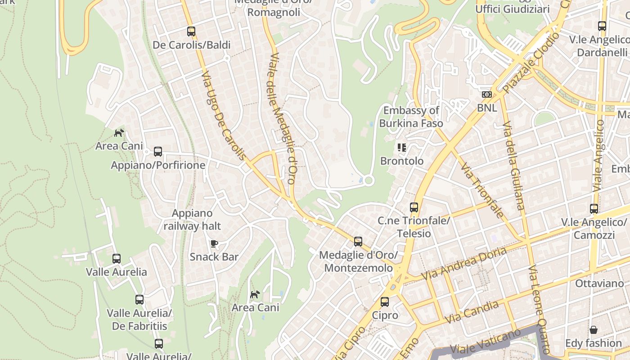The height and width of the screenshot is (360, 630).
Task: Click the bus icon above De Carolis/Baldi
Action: [191, 31]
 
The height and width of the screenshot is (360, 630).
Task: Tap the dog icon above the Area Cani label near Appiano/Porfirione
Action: [119, 133]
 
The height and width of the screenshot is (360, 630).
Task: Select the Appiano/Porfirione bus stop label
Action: [158, 165]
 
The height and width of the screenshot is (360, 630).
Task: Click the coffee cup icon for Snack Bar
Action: [214, 243]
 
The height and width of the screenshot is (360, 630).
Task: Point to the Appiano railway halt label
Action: [192, 219]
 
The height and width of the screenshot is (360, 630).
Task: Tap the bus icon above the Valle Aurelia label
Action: [117, 259]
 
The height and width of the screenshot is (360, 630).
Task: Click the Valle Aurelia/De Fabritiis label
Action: [139, 319]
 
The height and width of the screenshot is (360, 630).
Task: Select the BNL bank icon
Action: [487, 94]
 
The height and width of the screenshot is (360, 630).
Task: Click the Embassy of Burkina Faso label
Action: [411, 117]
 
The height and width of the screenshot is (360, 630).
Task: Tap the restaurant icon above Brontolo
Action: [402, 148]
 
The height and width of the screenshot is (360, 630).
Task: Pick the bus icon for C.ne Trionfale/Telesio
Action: [414, 207]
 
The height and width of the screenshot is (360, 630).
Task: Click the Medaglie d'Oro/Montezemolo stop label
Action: [358, 261]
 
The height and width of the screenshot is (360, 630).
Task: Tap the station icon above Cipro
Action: [385, 302]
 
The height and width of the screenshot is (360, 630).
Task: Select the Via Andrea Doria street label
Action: [464, 263]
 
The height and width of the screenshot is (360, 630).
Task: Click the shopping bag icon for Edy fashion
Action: [594, 330]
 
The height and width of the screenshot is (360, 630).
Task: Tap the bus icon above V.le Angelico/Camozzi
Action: [594, 209]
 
